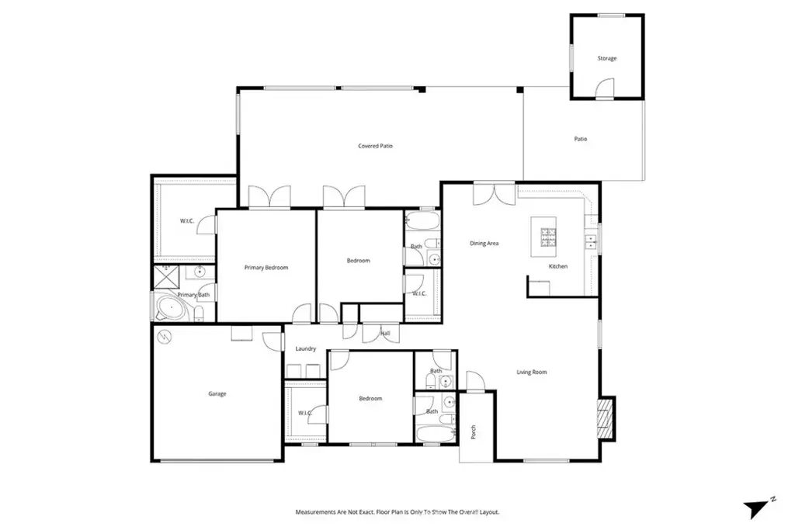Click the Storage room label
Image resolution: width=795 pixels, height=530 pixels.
tap(607, 58)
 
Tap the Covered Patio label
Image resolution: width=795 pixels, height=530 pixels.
tap(375, 146)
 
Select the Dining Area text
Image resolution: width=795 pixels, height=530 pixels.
tap(484, 243)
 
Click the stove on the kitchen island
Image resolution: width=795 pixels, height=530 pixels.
tap(548, 237)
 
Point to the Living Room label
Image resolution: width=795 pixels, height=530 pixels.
tap(531, 372)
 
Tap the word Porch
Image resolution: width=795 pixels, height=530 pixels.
tap(474, 432)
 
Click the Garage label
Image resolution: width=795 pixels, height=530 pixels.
tap(217, 393)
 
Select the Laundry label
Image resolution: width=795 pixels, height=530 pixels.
tap(306, 348)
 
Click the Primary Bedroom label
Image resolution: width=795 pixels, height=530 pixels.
tap(266, 268)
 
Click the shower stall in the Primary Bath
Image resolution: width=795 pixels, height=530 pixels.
tap(167, 277)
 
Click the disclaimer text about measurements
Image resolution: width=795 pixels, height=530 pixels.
tap(397, 512)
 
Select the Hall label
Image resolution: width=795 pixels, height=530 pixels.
tap(385, 334)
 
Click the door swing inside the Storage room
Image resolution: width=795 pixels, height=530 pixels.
tap(605, 88)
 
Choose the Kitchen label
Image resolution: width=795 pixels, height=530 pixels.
tap(558, 266)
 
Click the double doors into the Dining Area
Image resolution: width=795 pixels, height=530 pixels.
tap(495, 193)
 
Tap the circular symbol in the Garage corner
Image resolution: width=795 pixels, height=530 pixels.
tap(165, 337)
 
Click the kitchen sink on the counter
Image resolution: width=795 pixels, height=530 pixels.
tap(591, 242)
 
